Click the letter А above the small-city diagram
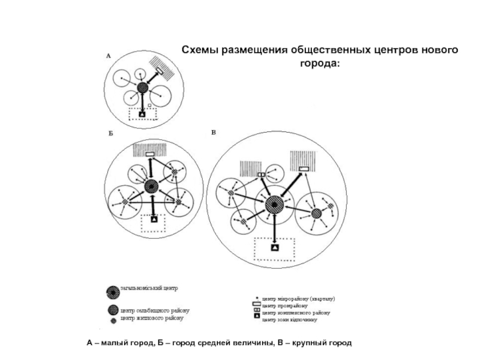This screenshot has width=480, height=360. [109, 56]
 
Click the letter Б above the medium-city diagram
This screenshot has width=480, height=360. [110, 133]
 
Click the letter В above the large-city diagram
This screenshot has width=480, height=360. [214, 131]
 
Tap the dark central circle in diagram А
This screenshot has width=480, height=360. [142, 88]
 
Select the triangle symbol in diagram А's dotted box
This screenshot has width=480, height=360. [142, 113]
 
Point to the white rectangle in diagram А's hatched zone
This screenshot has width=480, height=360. [160, 73]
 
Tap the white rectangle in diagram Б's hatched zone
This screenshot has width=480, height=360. [150, 155]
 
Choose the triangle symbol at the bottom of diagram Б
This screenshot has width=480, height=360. [154, 221]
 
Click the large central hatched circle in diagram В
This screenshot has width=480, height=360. [274, 206]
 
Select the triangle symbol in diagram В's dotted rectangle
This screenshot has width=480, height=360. [274, 247]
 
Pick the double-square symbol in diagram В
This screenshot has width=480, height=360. [262, 175]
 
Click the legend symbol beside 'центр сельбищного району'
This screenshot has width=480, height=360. [112, 310]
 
